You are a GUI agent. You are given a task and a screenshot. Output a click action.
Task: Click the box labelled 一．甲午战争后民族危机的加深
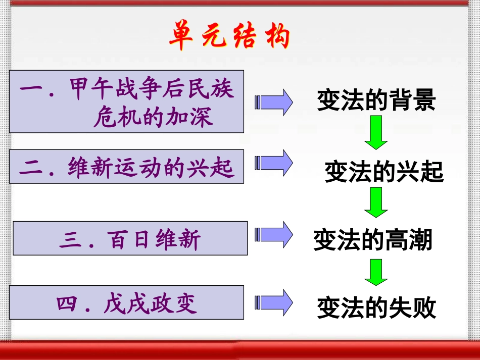(126, 101)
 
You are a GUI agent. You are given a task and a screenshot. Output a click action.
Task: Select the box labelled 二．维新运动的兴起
(126, 166)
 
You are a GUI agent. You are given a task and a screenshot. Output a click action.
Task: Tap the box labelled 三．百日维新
(130, 238)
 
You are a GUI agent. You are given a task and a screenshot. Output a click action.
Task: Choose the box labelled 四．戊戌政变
(126, 302)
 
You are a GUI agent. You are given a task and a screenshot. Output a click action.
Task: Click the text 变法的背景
(376, 100)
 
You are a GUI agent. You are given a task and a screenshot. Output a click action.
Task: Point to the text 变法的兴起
(383, 172)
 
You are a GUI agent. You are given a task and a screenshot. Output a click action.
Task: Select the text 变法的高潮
(373, 239)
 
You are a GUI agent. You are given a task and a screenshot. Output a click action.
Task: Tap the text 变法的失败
(376, 307)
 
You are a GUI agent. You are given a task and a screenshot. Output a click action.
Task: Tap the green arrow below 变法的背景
(376, 132)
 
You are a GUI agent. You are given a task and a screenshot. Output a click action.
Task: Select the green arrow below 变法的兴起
(376, 202)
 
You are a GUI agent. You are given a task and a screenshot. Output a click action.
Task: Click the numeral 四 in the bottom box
(66, 303)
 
